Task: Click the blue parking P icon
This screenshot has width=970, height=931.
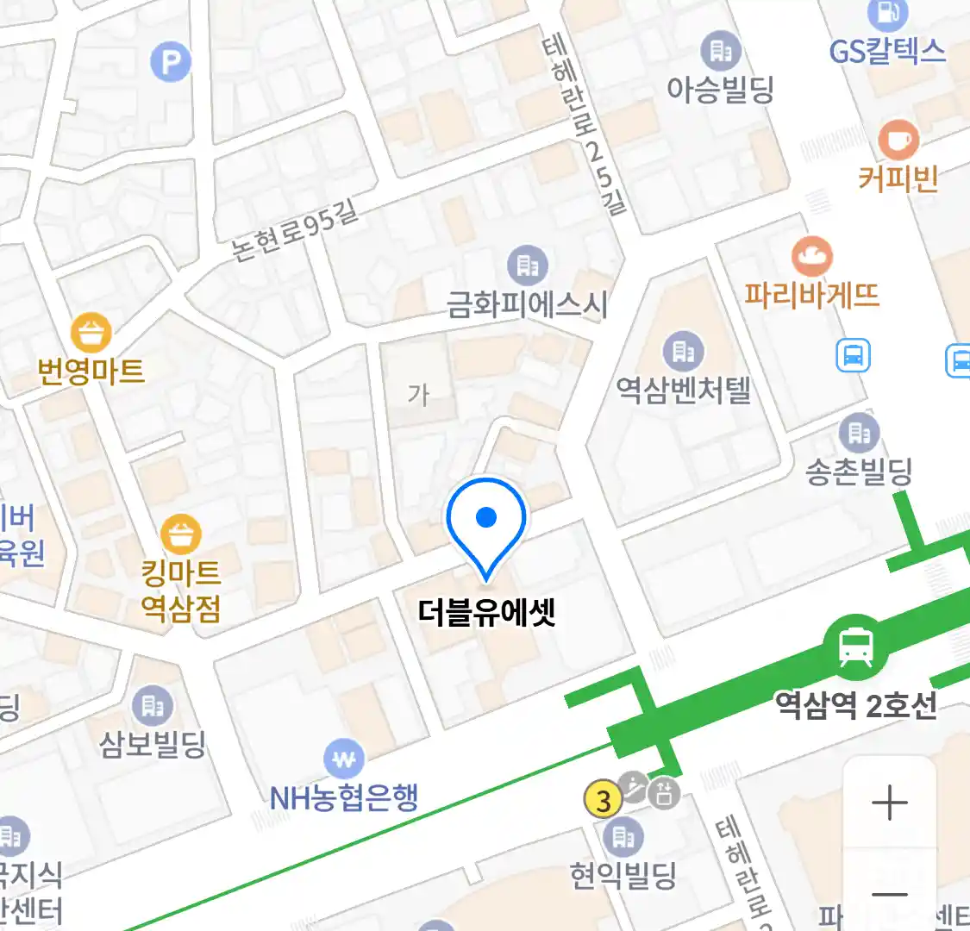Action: coord(171,62)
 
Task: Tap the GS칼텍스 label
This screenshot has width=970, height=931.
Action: coord(887,52)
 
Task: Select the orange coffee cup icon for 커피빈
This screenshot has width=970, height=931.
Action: coord(898,140)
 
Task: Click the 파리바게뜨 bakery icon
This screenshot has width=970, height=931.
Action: coord(812,256)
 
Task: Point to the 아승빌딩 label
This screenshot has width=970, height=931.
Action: coord(721,89)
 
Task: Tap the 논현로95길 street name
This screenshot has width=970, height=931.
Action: coord(295,230)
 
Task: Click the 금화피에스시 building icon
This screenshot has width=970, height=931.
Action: coord(527,266)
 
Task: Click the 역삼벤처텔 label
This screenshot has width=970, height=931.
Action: coord(684,391)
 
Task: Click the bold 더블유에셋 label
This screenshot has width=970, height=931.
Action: coord(487,612)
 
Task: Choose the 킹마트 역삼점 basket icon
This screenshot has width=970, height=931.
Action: coord(181,535)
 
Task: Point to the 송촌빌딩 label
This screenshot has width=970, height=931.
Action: coord(859,472)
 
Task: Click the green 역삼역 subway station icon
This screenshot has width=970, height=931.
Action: coord(855,647)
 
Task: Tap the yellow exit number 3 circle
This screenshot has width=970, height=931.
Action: coord(604,801)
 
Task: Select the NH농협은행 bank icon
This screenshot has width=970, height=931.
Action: coord(344,759)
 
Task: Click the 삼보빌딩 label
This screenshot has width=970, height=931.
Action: coord(153,743)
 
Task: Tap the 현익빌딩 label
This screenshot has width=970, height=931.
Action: coord(623,877)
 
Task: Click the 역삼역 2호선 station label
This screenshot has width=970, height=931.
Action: coord(855,706)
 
